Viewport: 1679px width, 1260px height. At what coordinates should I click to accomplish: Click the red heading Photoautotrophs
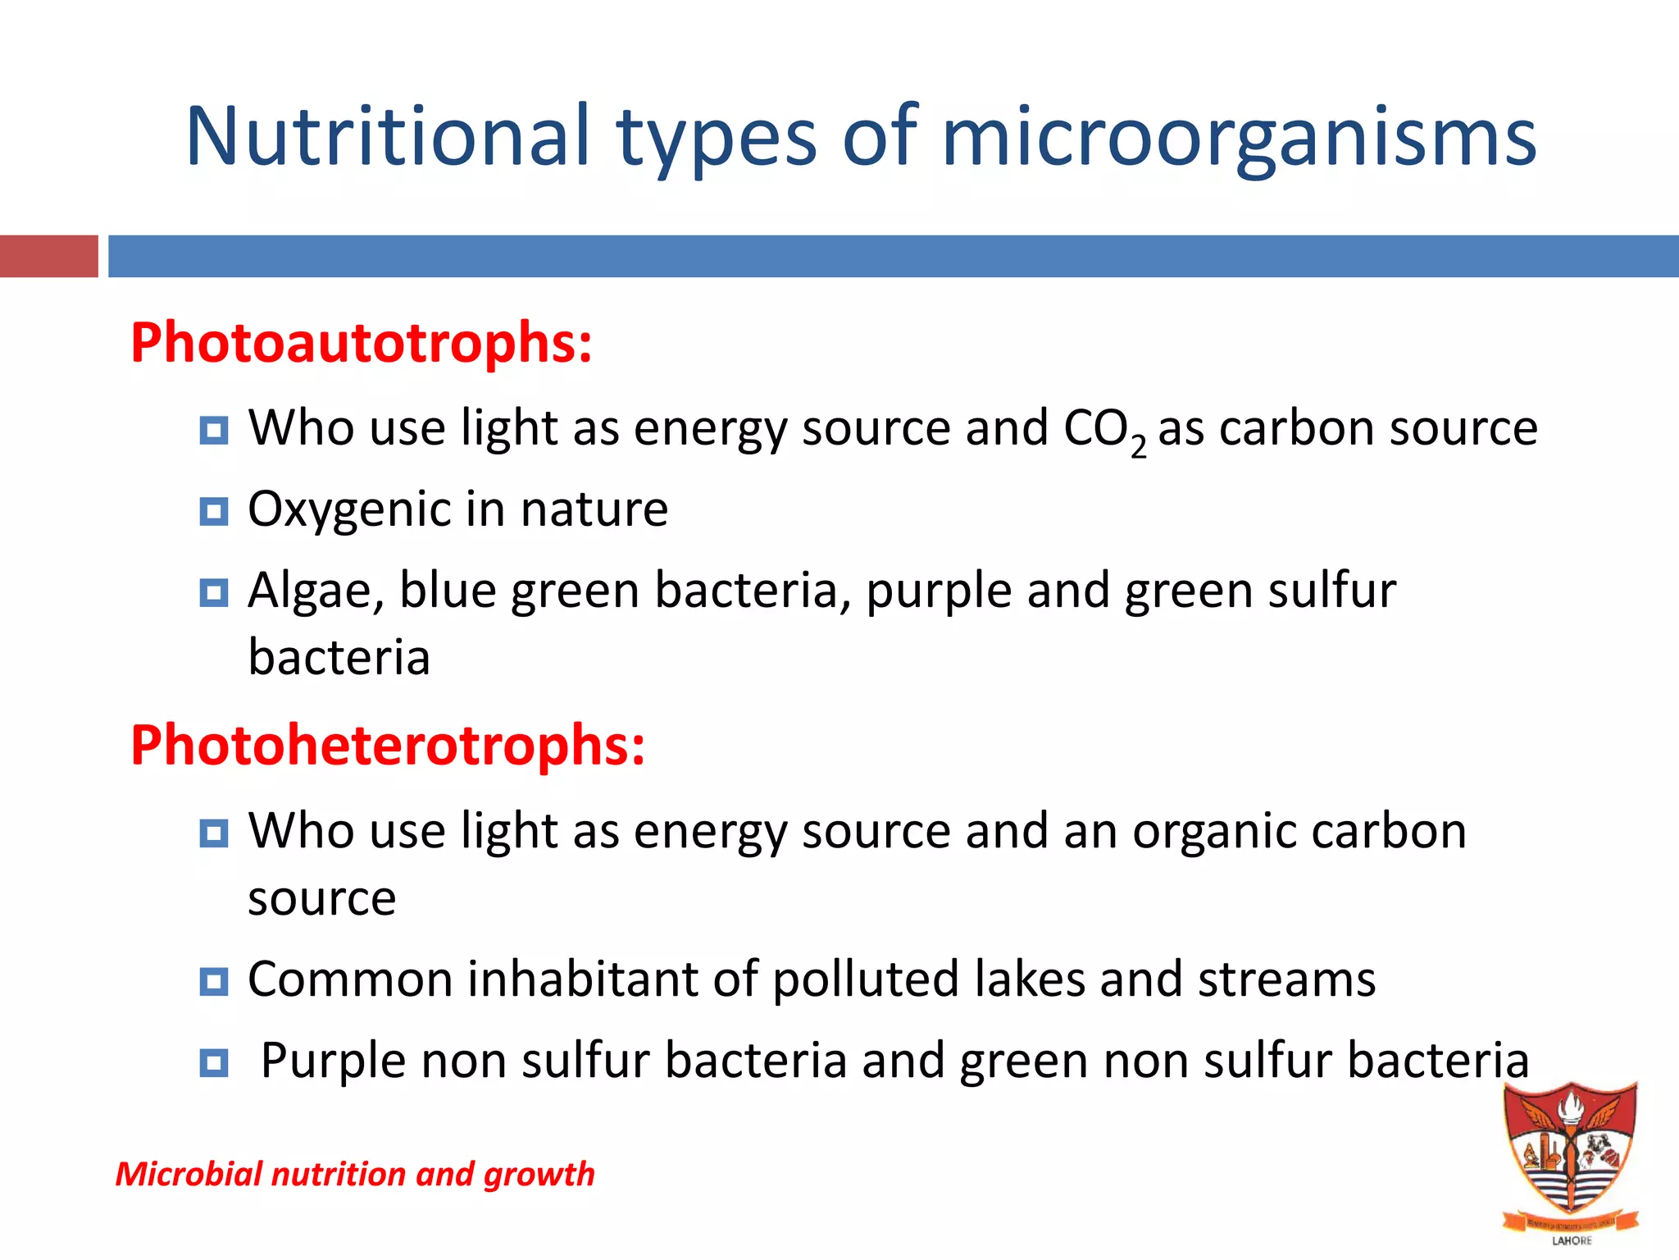point(361,343)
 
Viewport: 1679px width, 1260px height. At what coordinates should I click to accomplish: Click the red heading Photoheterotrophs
point(388,746)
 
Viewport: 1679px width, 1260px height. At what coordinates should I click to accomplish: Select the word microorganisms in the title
point(1239,138)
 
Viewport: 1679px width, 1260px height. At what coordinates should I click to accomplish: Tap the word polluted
point(866,980)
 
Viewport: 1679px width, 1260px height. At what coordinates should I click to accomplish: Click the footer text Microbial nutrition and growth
point(355,1174)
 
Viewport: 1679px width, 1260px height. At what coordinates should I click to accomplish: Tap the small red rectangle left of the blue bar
point(48,256)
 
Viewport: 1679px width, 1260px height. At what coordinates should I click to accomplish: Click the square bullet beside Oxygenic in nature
point(214,512)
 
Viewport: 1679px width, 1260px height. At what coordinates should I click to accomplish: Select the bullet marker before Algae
point(214,592)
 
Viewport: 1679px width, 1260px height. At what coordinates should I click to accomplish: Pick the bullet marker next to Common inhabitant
point(214,981)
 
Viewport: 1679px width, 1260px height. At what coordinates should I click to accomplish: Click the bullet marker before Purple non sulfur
point(214,1062)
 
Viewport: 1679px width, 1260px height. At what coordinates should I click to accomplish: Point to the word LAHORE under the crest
point(1572,1240)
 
